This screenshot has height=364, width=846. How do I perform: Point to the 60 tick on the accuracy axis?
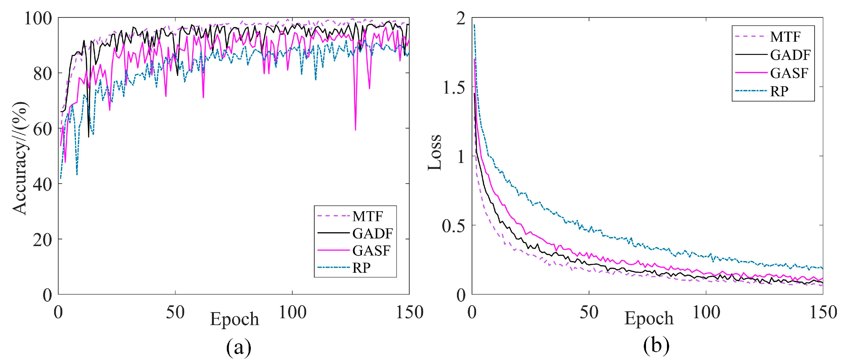pyautogui.click(x=43, y=129)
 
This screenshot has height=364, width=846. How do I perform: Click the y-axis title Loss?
pyautogui.click(x=435, y=152)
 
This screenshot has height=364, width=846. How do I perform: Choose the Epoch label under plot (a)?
pyautogui.click(x=235, y=319)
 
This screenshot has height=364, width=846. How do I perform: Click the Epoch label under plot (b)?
pyautogui.click(x=649, y=318)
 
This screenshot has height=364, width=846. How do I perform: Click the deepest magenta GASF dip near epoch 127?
pyautogui.click(x=355, y=130)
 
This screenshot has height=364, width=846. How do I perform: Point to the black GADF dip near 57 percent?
pyautogui.click(x=88, y=136)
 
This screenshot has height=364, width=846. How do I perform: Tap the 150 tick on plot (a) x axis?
pyautogui.click(x=409, y=312)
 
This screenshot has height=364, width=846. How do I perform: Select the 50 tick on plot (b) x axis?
pyautogui.click(x=589, y=312)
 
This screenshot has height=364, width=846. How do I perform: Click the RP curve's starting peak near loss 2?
pyautogui.click(x=474, y=25)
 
